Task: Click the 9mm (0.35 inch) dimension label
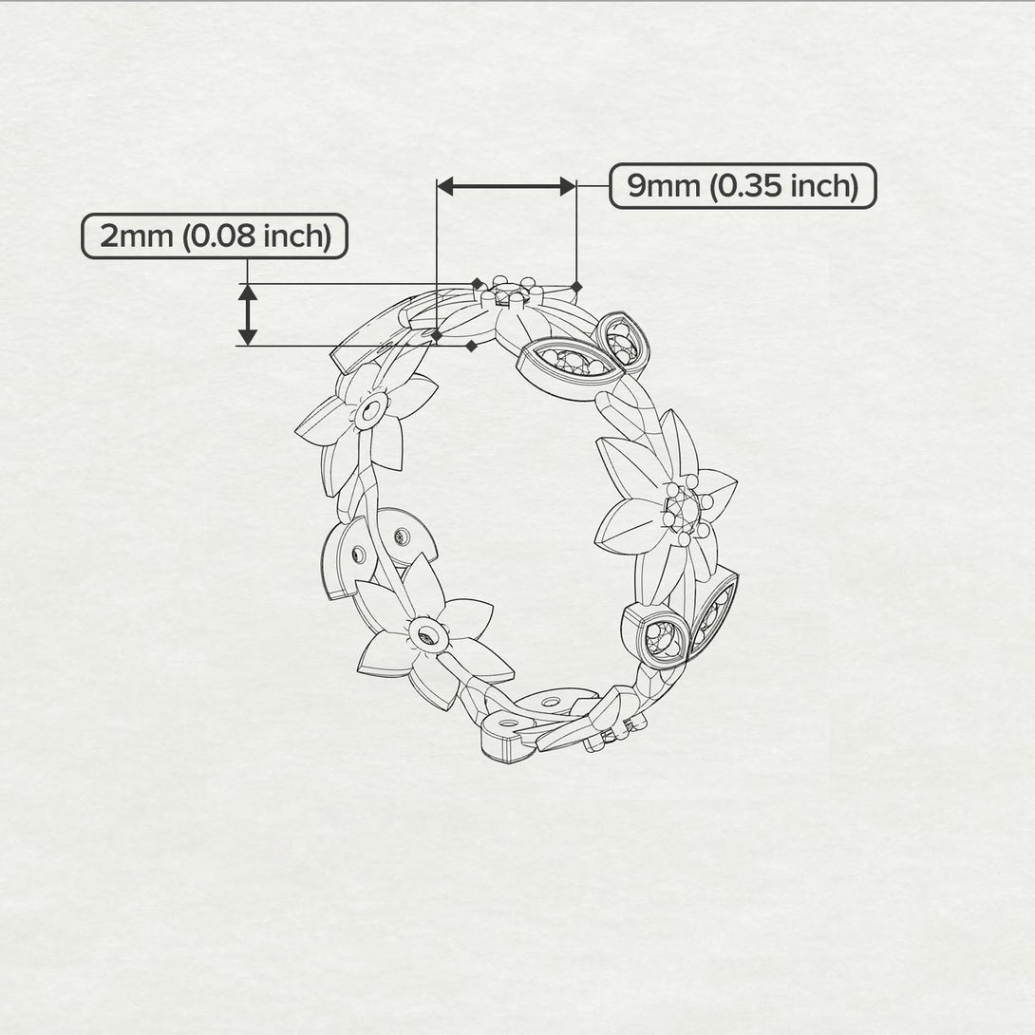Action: tap(743, 186)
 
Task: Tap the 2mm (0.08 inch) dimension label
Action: tap(215, 236)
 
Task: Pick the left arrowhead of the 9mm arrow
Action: tap(445, 187)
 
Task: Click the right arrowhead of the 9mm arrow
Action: tap(568, 187)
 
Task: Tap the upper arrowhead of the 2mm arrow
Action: tap(248, 292)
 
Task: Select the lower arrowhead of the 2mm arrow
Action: tap(248, 337)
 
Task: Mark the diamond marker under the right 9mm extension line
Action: tap(576, 287)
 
